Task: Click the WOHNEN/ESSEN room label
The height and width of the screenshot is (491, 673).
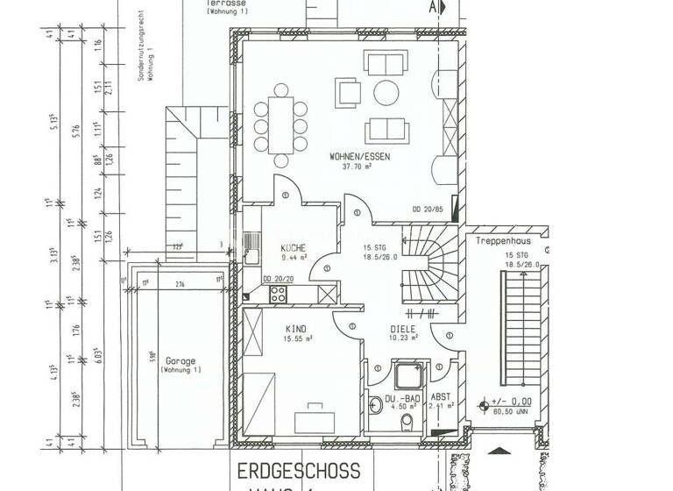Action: (360, 157)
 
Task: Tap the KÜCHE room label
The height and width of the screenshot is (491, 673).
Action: (293, 247)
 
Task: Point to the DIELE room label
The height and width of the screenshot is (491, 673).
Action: (403, 330)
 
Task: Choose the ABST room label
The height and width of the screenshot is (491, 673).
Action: (441, 396)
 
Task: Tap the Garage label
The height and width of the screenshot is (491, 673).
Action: (180, 360)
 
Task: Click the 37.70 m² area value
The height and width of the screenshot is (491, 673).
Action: (360, 166)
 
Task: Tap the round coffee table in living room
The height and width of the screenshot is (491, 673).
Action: (386, 92)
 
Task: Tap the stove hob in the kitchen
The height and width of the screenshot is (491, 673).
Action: (278, 294)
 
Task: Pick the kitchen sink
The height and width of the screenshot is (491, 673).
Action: (251, 245)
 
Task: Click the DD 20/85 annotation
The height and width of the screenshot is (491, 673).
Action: (427, 209)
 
